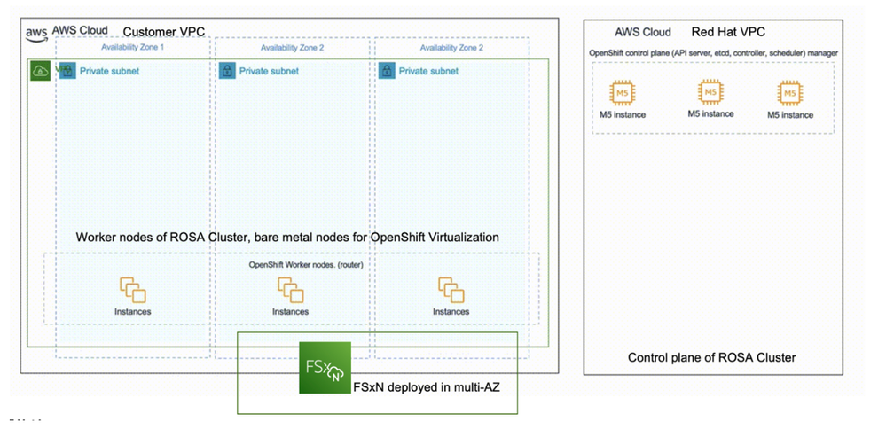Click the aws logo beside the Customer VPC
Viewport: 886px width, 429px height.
pos(35,32)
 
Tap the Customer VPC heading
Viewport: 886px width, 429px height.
pos(163,32)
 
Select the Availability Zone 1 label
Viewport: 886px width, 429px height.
pos(132,48)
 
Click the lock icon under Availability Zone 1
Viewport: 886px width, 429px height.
pos(67,70)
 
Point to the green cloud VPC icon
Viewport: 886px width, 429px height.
pos(40,70)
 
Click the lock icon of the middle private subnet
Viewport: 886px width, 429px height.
pos(226,70)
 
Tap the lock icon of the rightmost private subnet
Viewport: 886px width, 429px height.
pos(386,70)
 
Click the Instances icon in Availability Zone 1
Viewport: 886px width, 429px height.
pos(132,290)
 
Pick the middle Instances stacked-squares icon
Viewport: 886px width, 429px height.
pos(291,290)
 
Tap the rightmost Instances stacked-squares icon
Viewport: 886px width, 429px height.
pos(451,290)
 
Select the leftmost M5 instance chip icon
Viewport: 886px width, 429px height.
pos(620,94)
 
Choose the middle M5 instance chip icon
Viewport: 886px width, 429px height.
pos(710,93)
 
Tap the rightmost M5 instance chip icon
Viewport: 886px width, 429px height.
pos(789,94)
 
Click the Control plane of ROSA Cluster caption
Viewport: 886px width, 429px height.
pos(711,357)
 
